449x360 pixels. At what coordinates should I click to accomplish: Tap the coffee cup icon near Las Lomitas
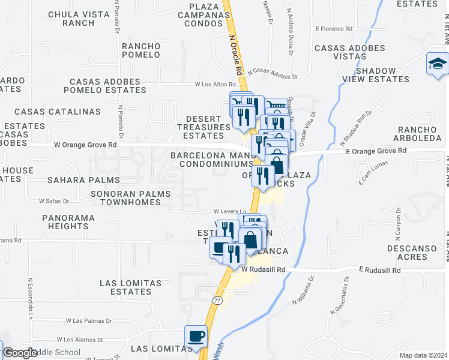[196, 337]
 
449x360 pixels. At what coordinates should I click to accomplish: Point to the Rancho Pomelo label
[141, 50]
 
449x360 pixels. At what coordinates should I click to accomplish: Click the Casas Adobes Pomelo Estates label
[108, 86]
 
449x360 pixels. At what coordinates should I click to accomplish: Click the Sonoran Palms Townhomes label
[126, 198]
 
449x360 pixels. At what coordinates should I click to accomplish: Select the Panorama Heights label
[65, 221]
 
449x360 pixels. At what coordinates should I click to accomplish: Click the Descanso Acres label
[415, 252]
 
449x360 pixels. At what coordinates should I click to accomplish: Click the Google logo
[20, 353]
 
